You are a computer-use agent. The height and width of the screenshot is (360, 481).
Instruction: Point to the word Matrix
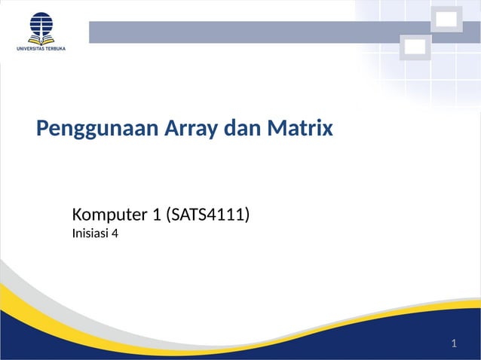299,129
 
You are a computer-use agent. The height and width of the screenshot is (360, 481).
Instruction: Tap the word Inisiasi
90,233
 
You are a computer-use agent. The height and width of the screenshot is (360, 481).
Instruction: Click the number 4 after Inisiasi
115,233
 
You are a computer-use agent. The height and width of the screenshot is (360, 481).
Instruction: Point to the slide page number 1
454,344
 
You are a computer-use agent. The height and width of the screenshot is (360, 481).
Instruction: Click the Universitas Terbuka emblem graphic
41,26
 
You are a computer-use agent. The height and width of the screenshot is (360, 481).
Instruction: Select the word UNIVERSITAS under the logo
33,49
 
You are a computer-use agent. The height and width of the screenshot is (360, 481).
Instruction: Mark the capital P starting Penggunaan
42,129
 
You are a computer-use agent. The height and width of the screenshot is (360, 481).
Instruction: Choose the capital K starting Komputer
77,215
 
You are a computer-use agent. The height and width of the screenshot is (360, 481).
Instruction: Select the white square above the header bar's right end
446,20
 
